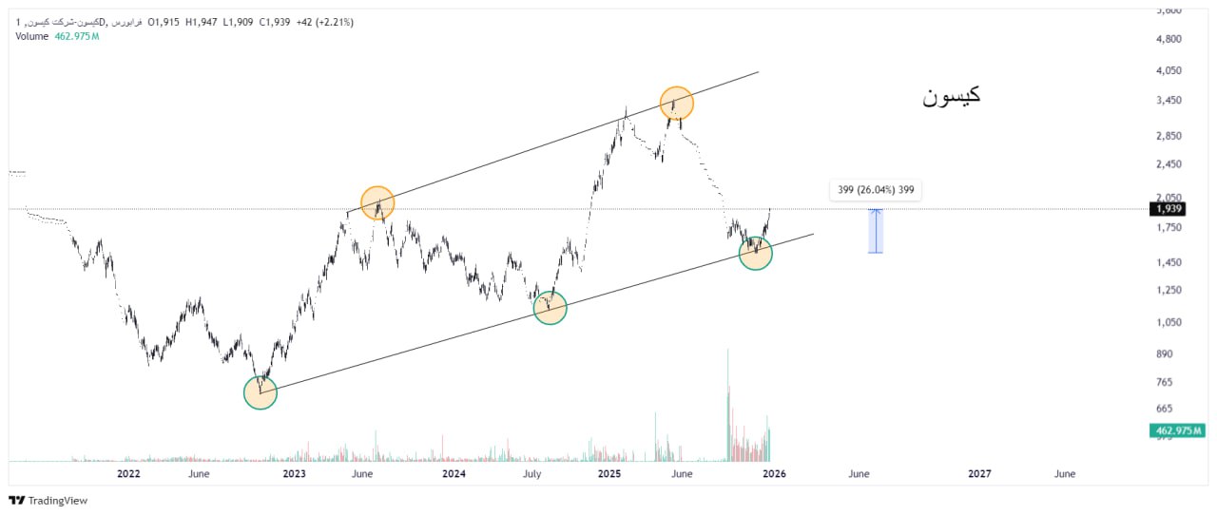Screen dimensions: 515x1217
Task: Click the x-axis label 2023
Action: click(294, 473)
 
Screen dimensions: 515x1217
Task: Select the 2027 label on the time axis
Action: click(979, 473)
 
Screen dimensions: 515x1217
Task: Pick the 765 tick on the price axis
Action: click(1164, 382)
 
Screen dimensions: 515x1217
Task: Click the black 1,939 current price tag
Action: click(1169, 209)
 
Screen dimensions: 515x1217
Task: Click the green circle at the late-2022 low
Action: click(260, 392)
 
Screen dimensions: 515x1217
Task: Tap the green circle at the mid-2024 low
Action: click(550, 307)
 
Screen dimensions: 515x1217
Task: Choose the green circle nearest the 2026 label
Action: click(755, 253)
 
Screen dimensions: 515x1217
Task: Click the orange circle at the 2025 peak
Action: click(677, 103)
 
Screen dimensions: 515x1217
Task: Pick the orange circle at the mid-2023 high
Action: click(377, 202)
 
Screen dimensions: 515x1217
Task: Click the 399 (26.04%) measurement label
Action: click(876, 191)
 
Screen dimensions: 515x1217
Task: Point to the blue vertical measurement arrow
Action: click(876, 231)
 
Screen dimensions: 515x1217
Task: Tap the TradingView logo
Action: click(48, 501)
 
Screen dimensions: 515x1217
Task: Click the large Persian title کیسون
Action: click(951, 96)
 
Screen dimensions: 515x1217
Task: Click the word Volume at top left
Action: click(31, 36)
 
